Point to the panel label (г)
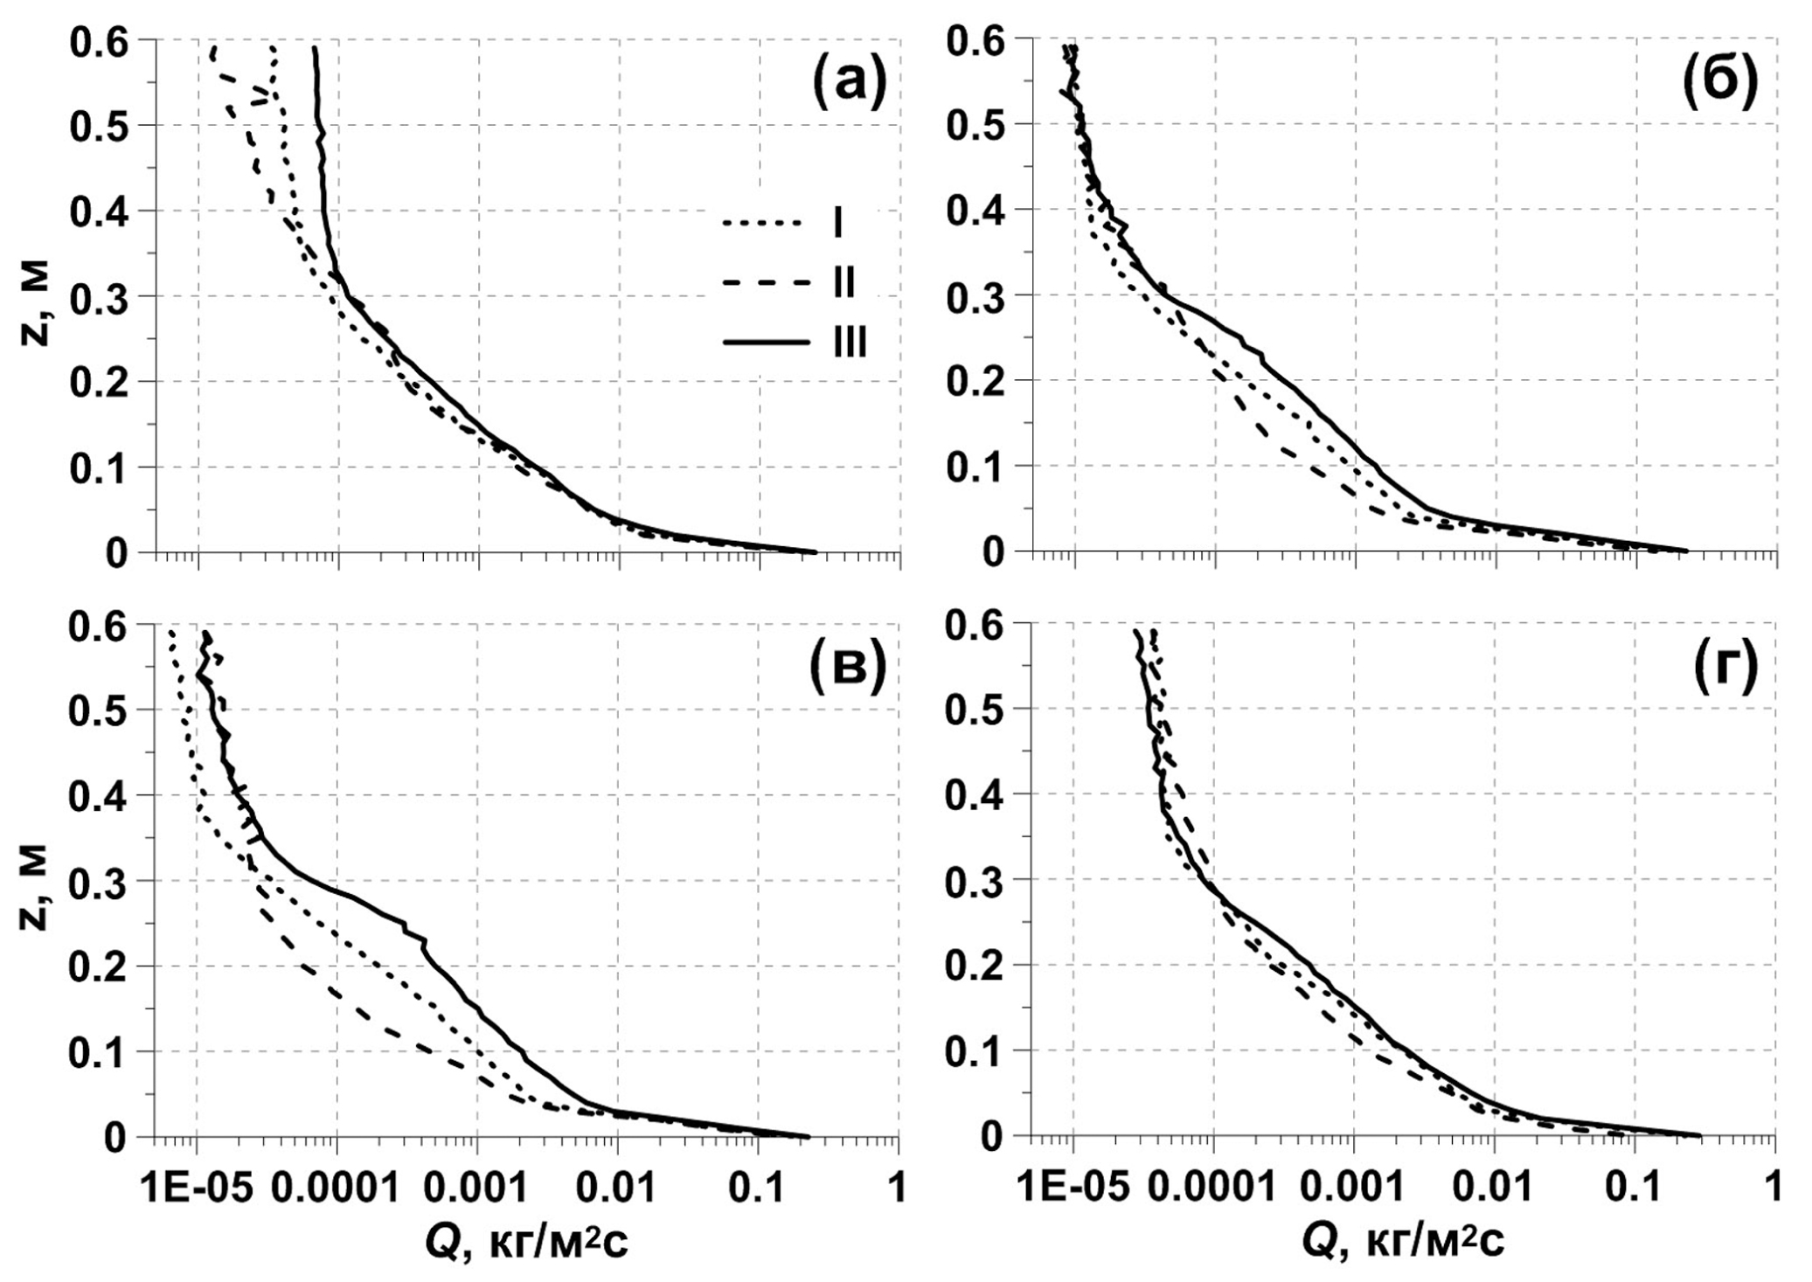(x=1724, y=669)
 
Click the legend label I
(x=837, y=223)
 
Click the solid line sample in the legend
(x=766, y=343)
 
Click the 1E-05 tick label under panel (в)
(x=197, y=1187)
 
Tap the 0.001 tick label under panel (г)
(x=1353, y=1187)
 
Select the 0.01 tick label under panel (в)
(x=618, y=1187)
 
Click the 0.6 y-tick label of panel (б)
(x=978, y=41)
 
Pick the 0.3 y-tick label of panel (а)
(x=101, y=297)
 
